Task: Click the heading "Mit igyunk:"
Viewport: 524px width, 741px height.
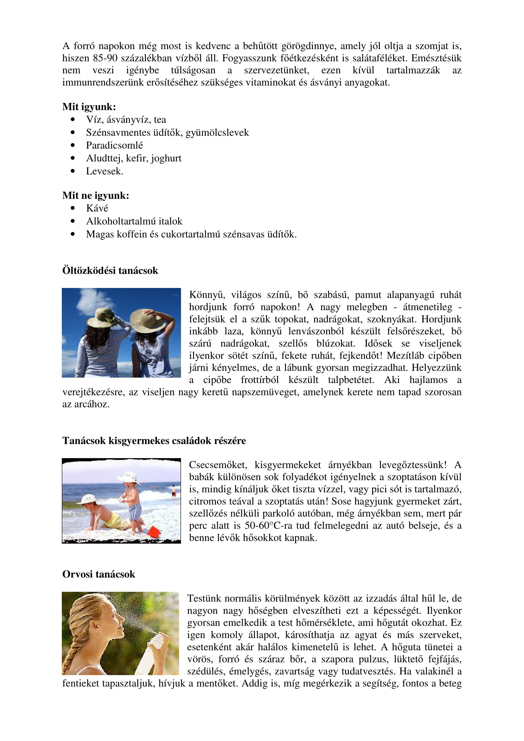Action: click(x=89, y=107)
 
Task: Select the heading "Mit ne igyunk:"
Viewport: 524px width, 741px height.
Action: click(x=95, y=195)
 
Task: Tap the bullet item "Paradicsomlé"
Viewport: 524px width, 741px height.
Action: click(x=114, y=145)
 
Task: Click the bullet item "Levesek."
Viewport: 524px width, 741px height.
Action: click(x=104, y=171)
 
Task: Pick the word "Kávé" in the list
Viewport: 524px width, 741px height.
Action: click(x=97, y=208)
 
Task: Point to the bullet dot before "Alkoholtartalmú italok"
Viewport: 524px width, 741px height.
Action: click(x=73, y=221)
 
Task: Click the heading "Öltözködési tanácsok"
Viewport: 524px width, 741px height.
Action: click(x=110, y=271)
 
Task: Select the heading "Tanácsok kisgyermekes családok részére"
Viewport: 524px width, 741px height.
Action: click(x=154, y=441)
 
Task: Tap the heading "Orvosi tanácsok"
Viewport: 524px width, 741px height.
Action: click(x=99, y=574)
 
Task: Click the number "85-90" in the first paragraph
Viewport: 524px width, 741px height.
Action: click(x=105, y=58)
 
